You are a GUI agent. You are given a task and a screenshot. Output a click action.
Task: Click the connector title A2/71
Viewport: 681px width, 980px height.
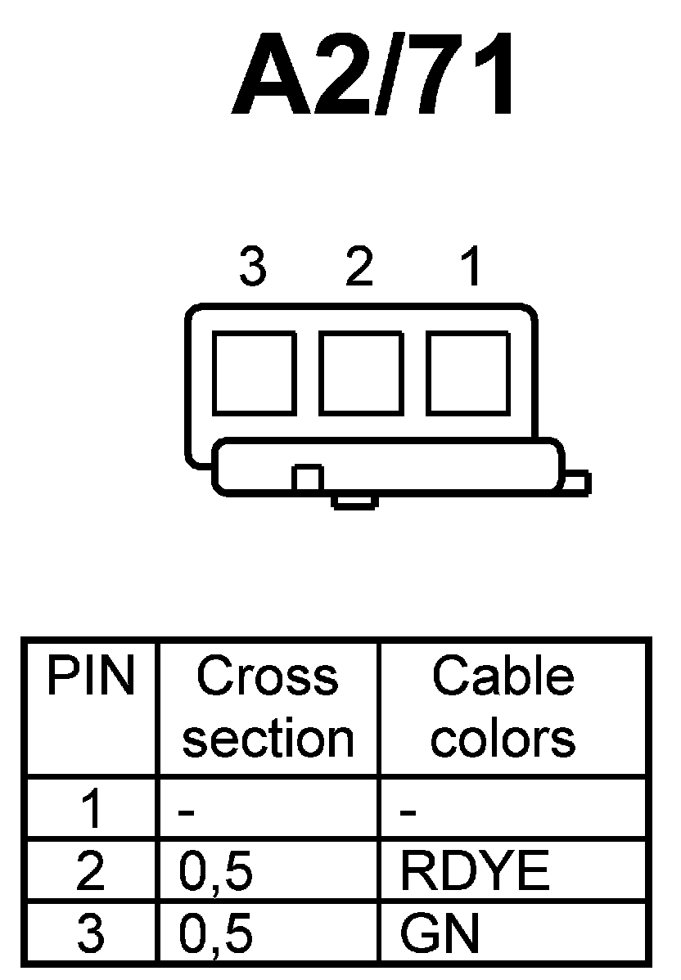[374, 76]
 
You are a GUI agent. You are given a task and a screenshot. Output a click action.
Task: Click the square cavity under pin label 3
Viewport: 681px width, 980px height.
[254, 373]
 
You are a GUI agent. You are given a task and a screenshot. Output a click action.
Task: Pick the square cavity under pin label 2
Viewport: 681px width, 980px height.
[360, 373]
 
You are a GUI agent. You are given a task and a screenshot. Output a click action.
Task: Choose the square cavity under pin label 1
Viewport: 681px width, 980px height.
[467, 373]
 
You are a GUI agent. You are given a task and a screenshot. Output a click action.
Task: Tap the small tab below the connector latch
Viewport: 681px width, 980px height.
[354, 501]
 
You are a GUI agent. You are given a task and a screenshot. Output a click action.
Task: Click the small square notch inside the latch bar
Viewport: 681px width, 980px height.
[308, 478]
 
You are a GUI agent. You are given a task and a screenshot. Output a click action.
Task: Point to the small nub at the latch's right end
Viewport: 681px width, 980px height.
[576, 483]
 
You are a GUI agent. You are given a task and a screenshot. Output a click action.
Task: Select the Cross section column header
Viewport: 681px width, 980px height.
[268, 708]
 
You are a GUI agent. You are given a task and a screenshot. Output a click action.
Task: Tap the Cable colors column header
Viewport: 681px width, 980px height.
[503, 708]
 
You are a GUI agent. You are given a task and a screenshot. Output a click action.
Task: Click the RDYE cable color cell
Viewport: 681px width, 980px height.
[474, 872]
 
